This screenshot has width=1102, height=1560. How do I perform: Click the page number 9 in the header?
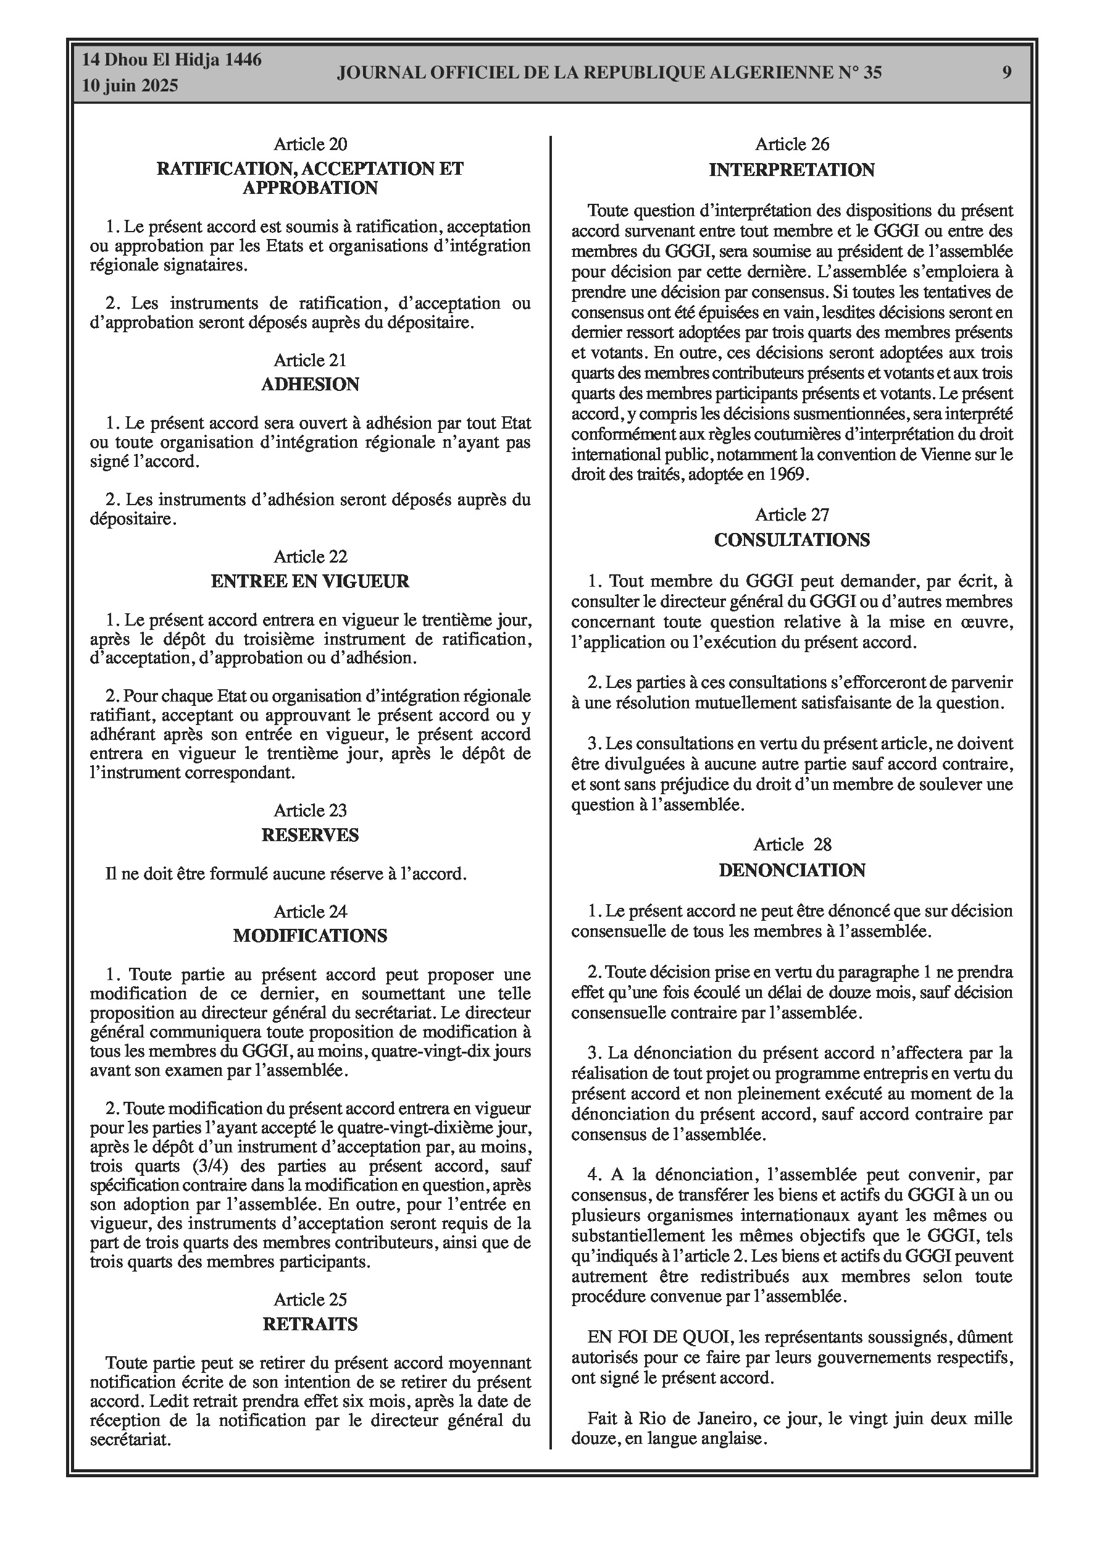click(1007, 73)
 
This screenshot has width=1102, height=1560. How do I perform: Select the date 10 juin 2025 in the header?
click(130, 86)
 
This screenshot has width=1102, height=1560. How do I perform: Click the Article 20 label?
click(310, 144)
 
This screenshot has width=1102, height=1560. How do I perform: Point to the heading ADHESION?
click(310, 385)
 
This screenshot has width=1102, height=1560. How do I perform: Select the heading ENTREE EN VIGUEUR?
click(310, 581)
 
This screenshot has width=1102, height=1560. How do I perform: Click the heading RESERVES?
click(310, 835)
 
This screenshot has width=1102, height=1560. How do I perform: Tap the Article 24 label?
click(310, 912)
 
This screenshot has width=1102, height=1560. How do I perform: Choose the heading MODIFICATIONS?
click(310, 936)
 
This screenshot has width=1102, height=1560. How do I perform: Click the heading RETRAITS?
click(310, 1324)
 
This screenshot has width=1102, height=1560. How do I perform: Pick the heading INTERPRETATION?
click(791, 170)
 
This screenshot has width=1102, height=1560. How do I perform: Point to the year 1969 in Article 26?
click(790, 474)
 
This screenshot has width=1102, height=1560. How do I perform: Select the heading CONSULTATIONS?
click(791, 540)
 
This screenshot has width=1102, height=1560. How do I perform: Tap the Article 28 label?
click(791, 845)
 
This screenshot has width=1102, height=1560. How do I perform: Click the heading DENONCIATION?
click(791, 870)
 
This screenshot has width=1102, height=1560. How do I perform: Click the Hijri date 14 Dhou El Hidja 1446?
click(171, 61)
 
